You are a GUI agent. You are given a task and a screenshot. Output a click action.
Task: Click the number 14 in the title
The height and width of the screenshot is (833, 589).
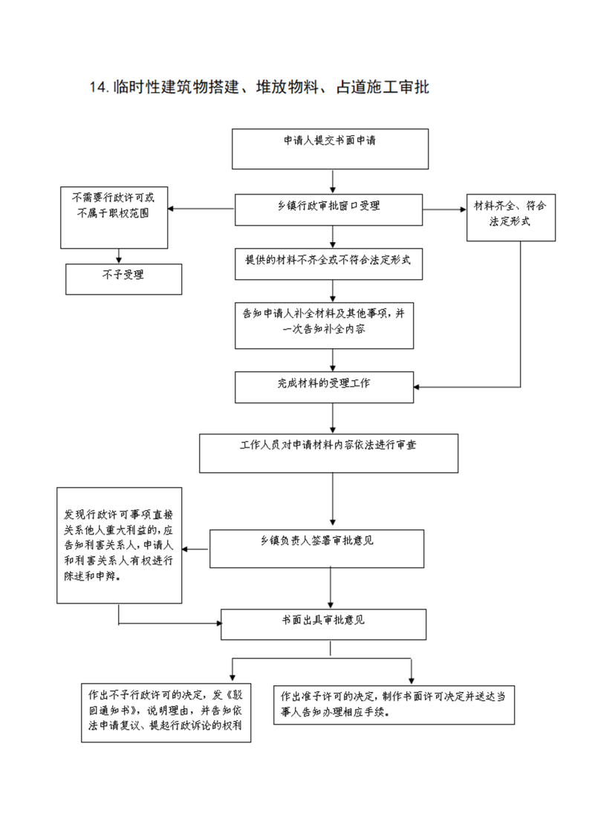coord(99,87)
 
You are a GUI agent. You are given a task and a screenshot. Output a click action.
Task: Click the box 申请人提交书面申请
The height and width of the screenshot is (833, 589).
coord(330,148)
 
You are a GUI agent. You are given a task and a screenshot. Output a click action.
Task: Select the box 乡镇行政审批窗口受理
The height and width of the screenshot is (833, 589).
coord(328,210)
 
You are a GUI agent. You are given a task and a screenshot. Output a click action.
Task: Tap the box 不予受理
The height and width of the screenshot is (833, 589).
coord(123,279)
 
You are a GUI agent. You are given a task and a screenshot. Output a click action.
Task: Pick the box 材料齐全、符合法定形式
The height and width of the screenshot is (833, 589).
coord(511,218)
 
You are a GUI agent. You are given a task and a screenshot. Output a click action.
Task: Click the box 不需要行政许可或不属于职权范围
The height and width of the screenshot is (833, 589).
coord(114,218)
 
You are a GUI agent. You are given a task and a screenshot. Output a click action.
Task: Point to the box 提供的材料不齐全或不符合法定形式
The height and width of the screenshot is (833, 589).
coord(328,264)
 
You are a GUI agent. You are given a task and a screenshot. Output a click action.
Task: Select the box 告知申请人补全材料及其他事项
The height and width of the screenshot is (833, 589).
coord(325,326)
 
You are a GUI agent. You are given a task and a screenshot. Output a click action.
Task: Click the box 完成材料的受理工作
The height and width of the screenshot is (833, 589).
coord(325,388)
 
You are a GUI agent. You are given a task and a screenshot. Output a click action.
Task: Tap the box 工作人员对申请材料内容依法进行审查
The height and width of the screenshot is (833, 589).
coord(328,453)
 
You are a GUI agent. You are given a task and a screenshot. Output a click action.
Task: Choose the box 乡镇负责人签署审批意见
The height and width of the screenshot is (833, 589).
coord(317,549)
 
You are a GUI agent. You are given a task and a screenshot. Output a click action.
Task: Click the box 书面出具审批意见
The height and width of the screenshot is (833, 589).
coord(323,624)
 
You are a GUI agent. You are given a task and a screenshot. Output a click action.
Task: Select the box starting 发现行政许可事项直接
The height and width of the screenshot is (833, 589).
coord(119,546)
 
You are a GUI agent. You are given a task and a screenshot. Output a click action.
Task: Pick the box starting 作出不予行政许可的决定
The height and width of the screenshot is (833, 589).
coord(166,713)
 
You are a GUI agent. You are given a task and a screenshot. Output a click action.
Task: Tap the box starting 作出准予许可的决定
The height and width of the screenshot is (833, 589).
coord(394,705)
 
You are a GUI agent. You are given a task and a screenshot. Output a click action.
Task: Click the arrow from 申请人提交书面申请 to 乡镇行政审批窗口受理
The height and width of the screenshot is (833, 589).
coord(333,182)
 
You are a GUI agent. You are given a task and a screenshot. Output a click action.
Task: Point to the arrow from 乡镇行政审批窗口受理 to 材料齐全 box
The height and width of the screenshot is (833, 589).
coord(444,209)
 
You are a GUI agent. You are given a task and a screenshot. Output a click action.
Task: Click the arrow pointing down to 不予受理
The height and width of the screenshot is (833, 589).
coord(119,256)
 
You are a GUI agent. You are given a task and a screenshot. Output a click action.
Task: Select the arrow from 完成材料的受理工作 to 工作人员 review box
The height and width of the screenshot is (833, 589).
coord(333,418)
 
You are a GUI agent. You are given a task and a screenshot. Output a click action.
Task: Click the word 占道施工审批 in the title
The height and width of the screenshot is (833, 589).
coord(383,87)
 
